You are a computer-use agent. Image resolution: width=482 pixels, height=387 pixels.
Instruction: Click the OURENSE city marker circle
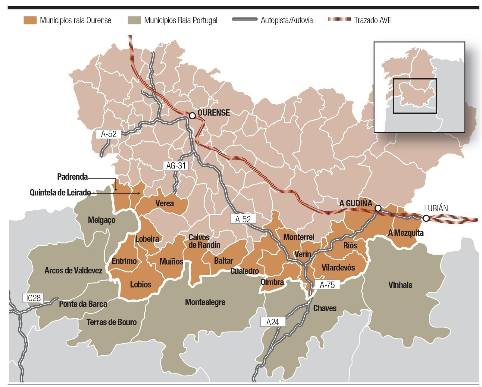(x=192, y=115)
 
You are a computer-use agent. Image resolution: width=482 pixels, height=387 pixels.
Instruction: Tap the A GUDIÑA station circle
(x=378, y=208)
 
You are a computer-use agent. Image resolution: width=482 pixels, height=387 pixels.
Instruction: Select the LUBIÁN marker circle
(x=426, y=218)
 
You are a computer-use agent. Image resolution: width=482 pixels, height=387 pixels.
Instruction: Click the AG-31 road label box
(x=176, y=165)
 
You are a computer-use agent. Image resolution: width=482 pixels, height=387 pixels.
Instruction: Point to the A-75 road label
(x=327, y=285)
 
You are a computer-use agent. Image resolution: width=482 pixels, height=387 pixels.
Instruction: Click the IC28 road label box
(x=33, y=298)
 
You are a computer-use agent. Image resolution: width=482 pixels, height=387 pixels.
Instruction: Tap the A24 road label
(x=272, y=322)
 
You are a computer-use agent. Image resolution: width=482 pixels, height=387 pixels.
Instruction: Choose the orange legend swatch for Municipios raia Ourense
(x=30, y=20)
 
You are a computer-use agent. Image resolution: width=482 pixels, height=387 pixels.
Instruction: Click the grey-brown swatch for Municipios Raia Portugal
(x=134, y=20)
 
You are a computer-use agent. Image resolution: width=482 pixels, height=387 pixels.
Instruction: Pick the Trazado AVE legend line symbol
(x=339, y=19)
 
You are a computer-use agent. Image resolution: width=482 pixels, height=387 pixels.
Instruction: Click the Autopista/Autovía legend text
(x=286, y=20)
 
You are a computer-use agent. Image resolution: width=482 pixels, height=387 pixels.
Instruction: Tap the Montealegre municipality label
(x=205, y=302)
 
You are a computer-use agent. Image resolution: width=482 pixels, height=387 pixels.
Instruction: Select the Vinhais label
(x=400, y=285)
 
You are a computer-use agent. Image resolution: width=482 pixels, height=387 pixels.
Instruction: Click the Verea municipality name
(x=164, y=203)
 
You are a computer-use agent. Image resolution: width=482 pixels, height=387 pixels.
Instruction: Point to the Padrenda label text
(x=72, y=177)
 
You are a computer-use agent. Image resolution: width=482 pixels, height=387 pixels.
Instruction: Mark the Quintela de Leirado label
(x=60, y=193)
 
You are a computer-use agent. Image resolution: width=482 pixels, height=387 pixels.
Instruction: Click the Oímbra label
(x=272, y=282)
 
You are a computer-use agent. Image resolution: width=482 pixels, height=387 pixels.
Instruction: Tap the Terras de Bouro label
(x=111, y=322)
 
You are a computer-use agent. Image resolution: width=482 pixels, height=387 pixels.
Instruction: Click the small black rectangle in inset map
(x=415, y=96)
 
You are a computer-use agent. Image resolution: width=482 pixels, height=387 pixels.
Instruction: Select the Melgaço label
(x=102, y=220)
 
